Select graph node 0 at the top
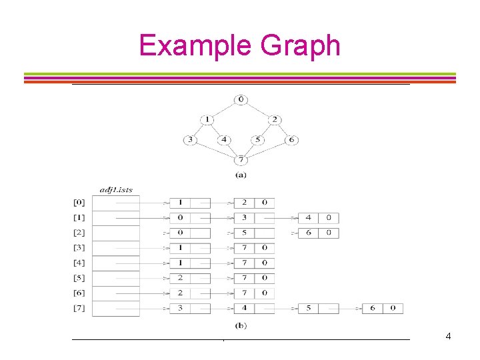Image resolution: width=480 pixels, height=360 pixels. [241, 100]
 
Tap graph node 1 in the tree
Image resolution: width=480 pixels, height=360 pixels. [207, 120]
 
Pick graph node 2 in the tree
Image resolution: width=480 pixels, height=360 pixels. [274, 120]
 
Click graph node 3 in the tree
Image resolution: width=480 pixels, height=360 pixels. [191, 140]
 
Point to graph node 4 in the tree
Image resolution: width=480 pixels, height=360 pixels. [224, 140]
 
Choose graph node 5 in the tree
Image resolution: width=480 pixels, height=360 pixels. [257, 140]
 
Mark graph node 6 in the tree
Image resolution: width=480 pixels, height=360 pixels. [291, 140]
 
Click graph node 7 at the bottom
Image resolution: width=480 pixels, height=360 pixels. [241, 160]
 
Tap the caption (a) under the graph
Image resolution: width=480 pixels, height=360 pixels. [241, 175]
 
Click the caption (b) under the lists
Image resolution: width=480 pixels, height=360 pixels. [241, 325]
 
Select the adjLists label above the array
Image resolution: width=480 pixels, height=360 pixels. [116, 190]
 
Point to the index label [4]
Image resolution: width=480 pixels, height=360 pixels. [79, 263]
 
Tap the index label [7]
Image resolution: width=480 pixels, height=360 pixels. [79, 308]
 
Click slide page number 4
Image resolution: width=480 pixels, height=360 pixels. [448, 336]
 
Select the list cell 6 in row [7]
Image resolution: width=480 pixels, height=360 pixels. [373, 308]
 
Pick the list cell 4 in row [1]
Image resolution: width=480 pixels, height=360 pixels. [308, 218]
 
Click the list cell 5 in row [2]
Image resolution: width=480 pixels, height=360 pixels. [244, 233]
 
